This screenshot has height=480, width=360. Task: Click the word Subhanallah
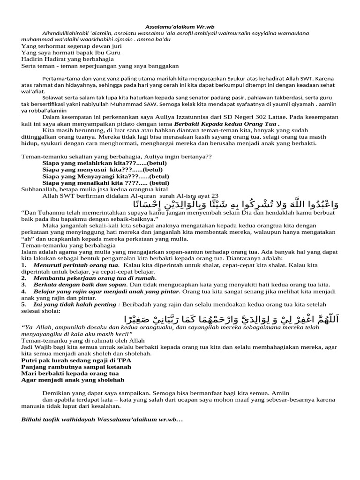[x=40, y=189]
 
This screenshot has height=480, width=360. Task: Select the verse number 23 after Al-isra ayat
[x=215, y=195]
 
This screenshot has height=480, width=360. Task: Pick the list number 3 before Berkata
[x=23, y=285]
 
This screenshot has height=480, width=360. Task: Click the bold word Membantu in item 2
[x=50, y=278]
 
